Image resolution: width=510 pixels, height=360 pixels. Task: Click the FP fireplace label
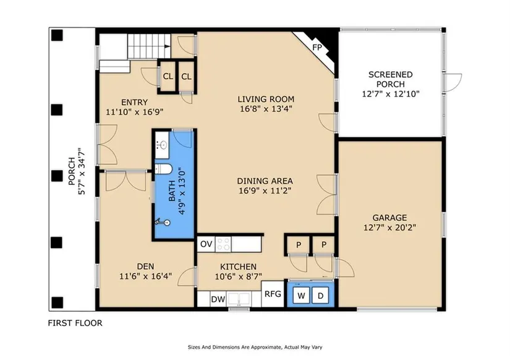coord(317,48)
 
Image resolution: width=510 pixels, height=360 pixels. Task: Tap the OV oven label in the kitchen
coord(206,244)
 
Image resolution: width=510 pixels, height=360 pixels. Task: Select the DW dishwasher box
coord(218,299)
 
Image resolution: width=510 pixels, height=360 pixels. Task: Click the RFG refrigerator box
coord(273,294)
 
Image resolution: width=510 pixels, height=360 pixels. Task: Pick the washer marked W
coord(301,296)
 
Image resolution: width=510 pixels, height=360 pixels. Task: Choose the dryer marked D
coord(320,296)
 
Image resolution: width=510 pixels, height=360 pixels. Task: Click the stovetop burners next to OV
coord(223,244)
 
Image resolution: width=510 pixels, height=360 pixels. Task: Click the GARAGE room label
coord(389,218)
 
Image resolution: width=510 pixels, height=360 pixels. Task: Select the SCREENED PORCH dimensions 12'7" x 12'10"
coord(391,94)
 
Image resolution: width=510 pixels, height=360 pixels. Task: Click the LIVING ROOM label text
coord(266,99)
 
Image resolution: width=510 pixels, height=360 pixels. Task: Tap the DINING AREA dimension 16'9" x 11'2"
coord(265,191)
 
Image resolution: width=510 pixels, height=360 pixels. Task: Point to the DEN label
coord(145,267)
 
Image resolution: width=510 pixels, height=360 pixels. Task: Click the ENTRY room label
coord(134,102)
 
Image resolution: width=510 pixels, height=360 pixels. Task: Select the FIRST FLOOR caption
coord(75,323)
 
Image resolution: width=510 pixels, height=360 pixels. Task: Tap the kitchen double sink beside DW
coord(239,299)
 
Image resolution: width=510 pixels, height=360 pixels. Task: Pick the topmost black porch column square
coord(57,35)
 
